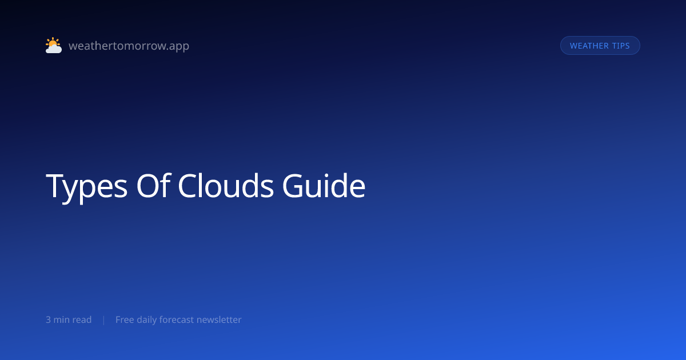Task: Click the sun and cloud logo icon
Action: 54,45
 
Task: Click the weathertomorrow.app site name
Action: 129,46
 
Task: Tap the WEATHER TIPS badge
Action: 600,46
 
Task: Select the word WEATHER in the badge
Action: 589,46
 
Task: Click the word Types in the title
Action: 86,186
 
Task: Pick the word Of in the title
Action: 153,186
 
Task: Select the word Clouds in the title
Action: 225,186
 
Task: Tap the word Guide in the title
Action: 324,186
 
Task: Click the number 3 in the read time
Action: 48,319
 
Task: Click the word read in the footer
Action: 82,319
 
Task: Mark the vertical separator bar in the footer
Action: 104,320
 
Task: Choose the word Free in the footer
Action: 125,319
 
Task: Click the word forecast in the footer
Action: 177,319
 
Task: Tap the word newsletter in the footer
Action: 219,319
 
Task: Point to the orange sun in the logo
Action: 53,42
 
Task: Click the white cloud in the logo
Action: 54,49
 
